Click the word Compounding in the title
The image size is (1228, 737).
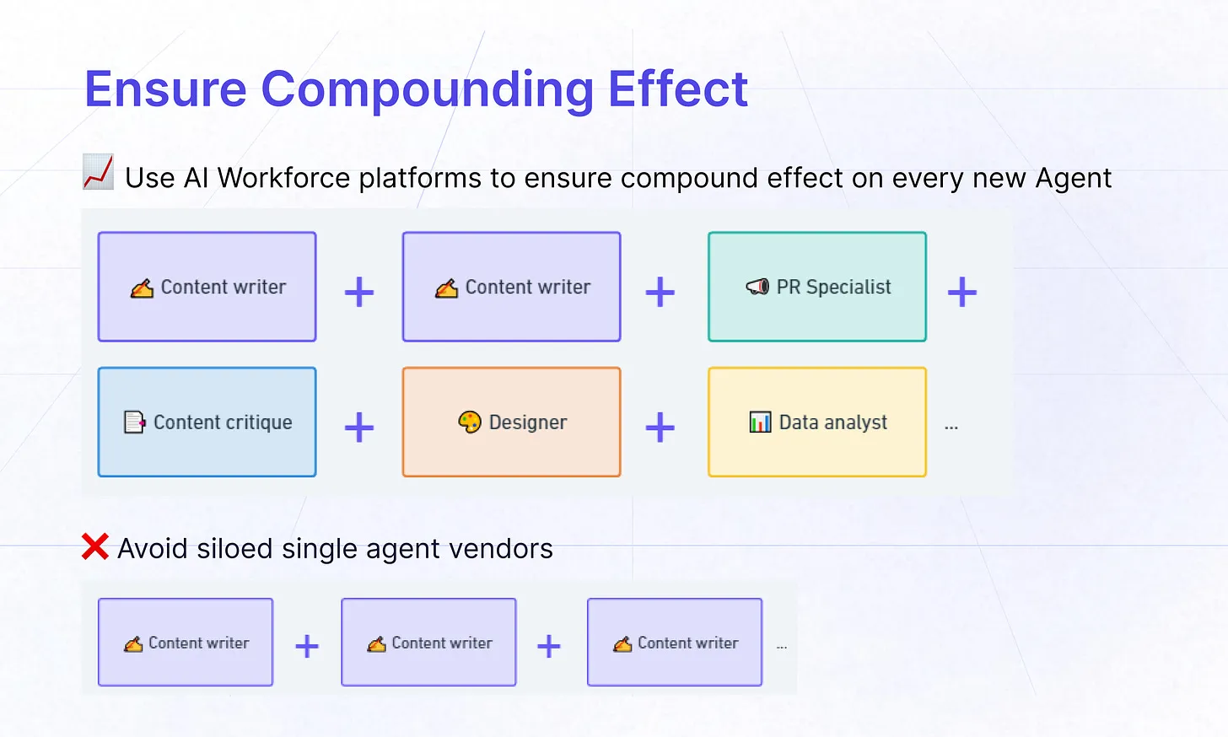(427, 89)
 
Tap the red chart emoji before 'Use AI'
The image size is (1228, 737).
(98, 172)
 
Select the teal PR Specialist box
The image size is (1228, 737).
(816, 287)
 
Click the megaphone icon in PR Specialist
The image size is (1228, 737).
(757, 287)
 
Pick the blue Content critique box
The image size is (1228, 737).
(207, 422)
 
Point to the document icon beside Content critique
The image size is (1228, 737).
(134, 422)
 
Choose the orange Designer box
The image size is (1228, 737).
(511, 422)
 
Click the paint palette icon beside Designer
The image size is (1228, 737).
(469, 422)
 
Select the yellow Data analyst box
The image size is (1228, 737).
(816, 422)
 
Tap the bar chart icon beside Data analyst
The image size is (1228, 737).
(760, 422)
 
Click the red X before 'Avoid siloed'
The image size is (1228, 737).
(95, 547)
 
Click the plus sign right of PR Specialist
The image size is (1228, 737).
(961, 293)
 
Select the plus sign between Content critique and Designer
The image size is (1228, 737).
(359, 428)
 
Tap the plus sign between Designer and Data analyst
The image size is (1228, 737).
(660, 428)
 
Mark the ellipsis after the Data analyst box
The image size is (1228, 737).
(951, 427)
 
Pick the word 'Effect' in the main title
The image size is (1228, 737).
(677, 89)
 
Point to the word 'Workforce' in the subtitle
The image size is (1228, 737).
(283, 178)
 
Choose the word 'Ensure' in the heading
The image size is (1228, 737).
(165, 89)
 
